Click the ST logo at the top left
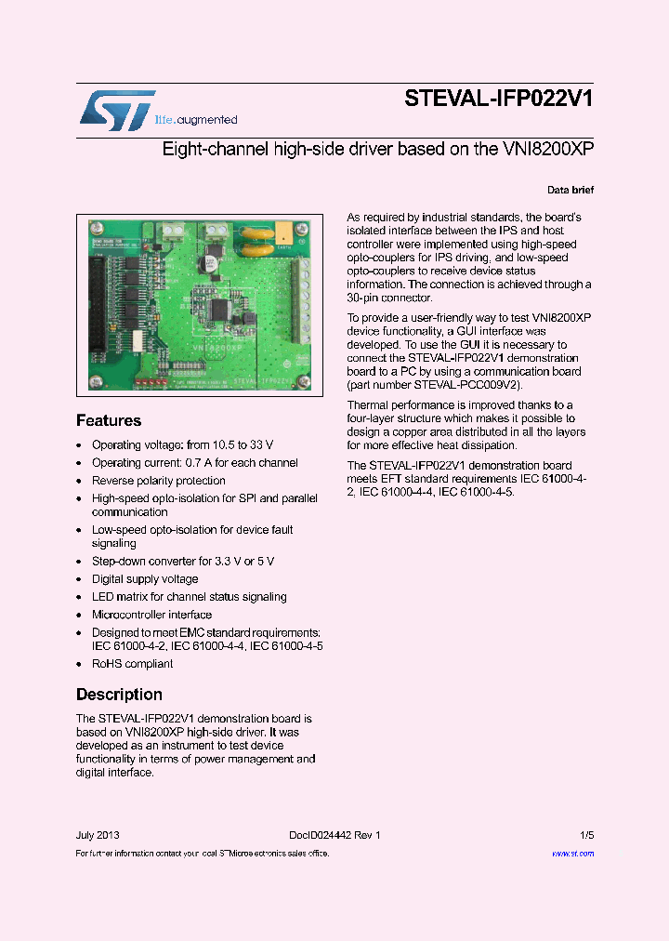coord(117,110)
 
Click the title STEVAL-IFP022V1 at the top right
coord(499,99)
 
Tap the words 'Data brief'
coord(570,190)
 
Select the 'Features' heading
coord(109,420)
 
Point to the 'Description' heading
coord(119,695)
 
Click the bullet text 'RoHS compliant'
coord(132,664)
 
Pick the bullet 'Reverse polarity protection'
coord(158,481)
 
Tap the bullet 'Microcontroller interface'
coord(151,615)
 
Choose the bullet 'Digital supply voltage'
coord(144,579)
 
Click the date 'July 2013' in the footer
coord(98,835)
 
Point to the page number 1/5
coord(586,835)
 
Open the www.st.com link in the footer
coord(572,853)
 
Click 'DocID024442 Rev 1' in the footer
coord(328,835)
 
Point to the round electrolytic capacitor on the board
coord(212,264)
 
